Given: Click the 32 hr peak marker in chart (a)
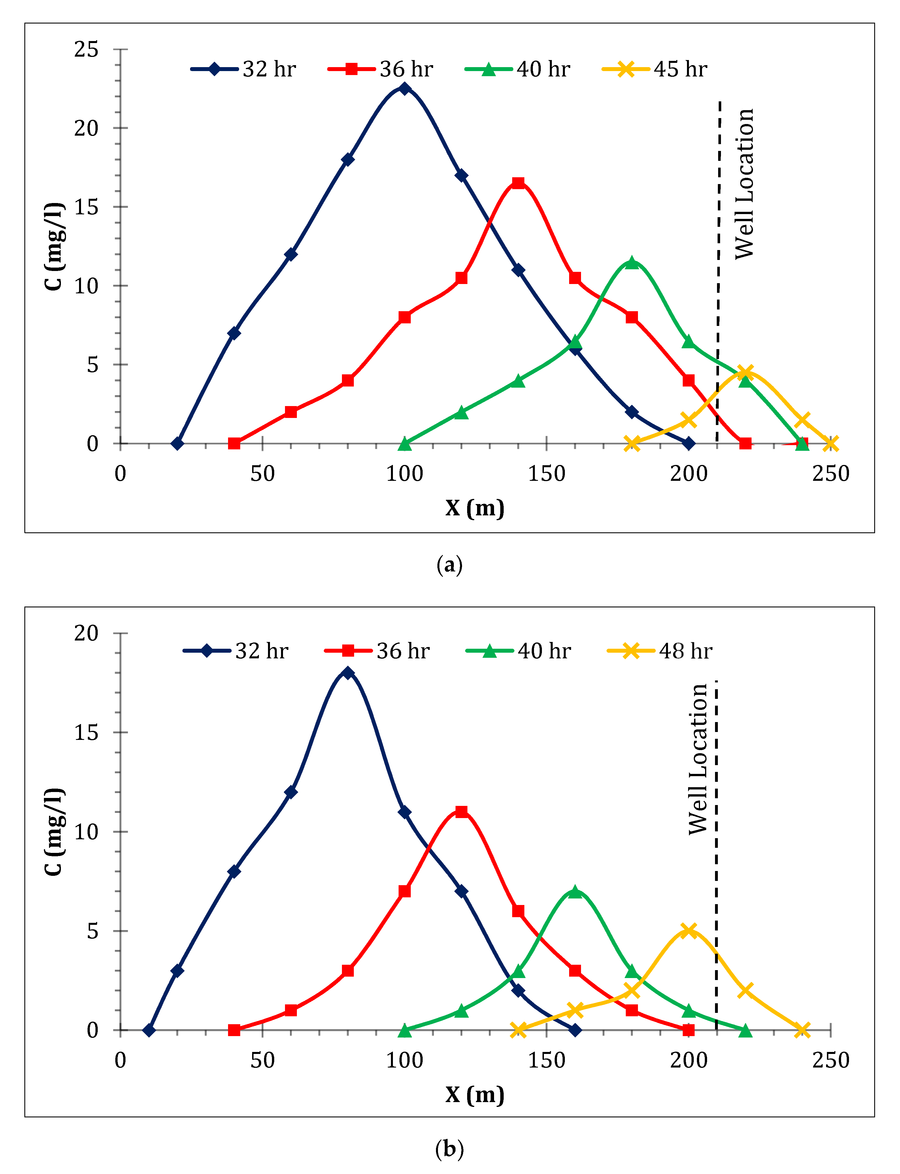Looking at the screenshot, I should [x=405, y=88].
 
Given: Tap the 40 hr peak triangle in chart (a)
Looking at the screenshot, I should [x=632, y=262].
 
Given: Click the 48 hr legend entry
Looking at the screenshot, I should [x=660, y=651].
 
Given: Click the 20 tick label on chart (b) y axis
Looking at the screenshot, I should [x=87, y=633].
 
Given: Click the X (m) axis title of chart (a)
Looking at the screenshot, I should [x=475, y=507].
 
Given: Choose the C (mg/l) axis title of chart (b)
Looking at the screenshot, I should [x=54, y=831].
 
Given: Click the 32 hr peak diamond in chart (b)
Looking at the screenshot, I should [x=348, y=673].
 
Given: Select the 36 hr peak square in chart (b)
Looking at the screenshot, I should [x=461, y=812].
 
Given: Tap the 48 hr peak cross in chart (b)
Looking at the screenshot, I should [x=688, y=930].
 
